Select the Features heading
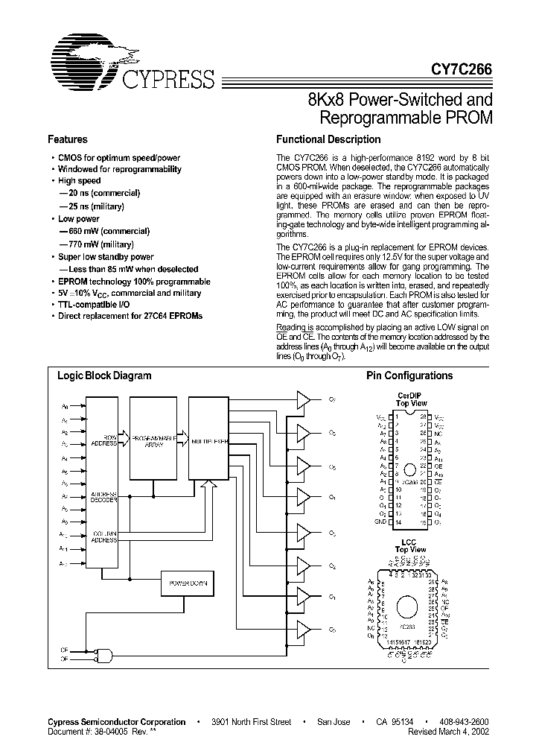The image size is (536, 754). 67,139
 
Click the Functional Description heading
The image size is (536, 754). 328,139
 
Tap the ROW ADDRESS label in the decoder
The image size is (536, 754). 104,440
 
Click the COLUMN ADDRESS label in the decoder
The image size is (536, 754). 104,536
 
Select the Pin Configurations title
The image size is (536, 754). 409,376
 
